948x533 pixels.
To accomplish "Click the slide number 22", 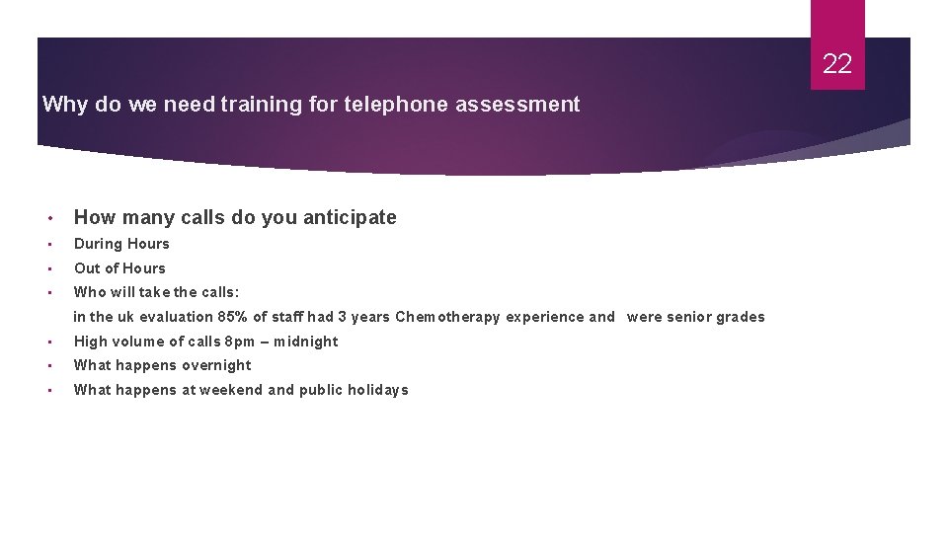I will point(836,64).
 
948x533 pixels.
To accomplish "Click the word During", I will point(96,244).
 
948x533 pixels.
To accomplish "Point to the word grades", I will point(742,317).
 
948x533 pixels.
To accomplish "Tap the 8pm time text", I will point(239,342).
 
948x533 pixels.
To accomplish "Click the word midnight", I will point(306,342).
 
